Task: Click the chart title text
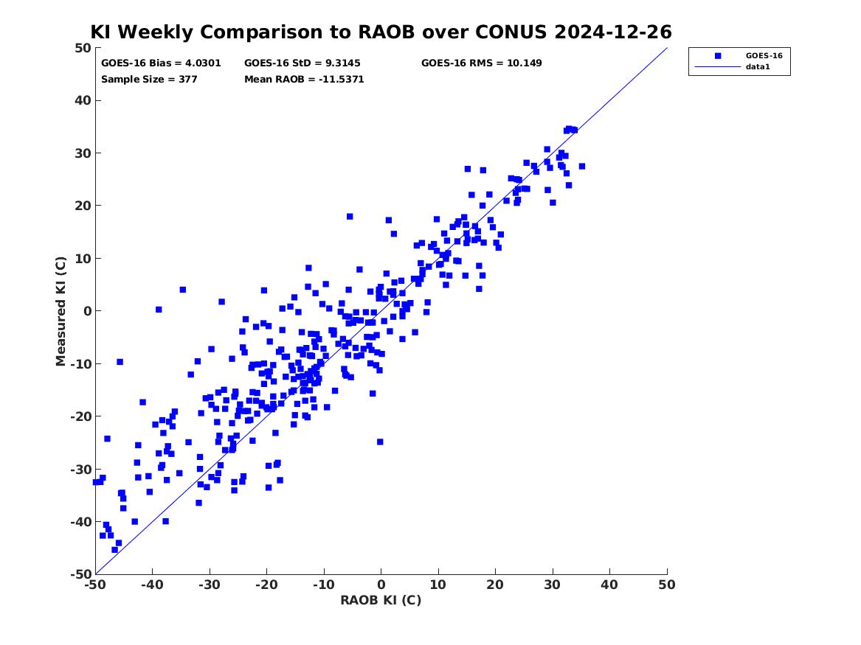[x=381, y=32]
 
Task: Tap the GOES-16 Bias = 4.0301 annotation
[x=161, y=63]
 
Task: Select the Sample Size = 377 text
[x=149, y=79]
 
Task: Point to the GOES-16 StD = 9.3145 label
[x=302, y=63]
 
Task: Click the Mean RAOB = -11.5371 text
[x=304, y=79]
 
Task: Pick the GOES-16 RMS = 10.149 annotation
[x=482, y=63]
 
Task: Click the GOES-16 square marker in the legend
[x=718, y=55]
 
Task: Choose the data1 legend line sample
[x=718, y=67]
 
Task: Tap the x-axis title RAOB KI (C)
[x=381, y=600]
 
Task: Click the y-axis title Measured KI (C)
[x=60, y=311]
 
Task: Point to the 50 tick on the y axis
[x=83, y=48]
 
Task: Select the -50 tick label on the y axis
[x=80, y=574]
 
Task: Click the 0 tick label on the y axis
[x=87, y=311]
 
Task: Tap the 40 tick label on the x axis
[x=609, y=585]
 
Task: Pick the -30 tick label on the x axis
[x=210, y=585]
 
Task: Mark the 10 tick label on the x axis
[x=438, y=585]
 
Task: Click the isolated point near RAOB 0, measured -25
[x=380, y=442]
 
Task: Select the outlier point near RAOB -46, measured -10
[x=120, y=362]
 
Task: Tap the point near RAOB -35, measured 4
[x=183, y=290]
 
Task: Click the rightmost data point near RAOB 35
[x=582, y=166]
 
